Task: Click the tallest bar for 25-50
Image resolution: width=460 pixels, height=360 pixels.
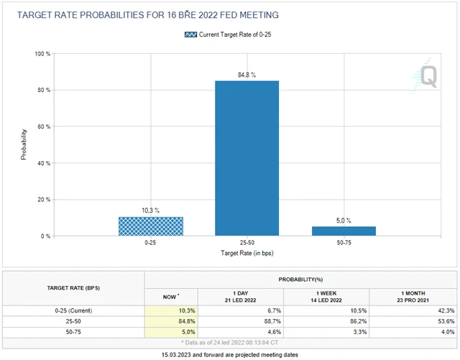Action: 247,158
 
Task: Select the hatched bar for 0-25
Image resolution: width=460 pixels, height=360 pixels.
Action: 150,226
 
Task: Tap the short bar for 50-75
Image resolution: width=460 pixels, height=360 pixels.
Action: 343,231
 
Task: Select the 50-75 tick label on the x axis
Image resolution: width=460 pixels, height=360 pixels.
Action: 343,244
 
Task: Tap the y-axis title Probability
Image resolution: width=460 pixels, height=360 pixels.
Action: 24,144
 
